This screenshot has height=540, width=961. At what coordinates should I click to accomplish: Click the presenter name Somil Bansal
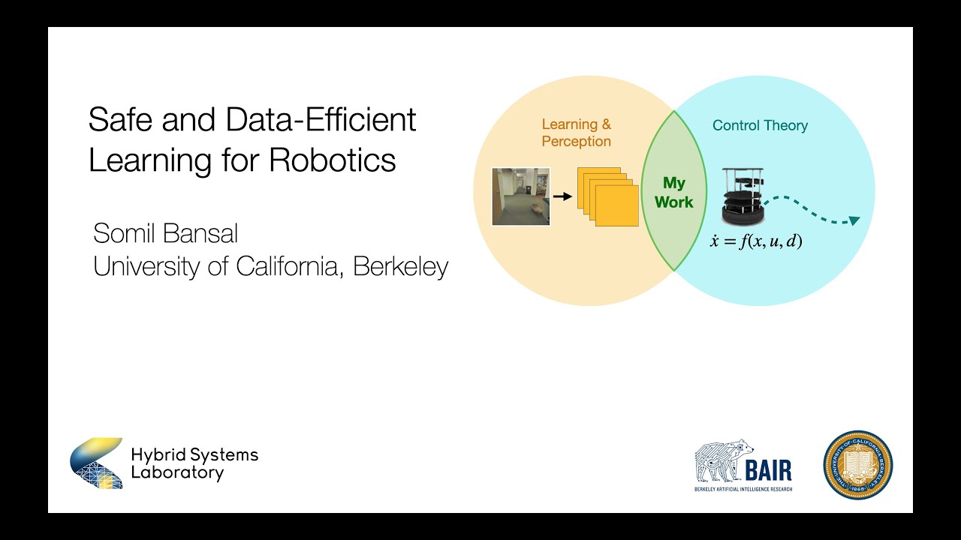click(x=165, y=233)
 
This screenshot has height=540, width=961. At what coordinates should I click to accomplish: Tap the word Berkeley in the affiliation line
click(x=400, y=267)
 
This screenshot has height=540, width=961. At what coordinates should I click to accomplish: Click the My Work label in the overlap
click(x=673, y=193)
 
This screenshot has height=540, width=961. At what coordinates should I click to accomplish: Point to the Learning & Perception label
click(x=576, y=133)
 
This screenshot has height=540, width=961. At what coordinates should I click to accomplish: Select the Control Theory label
click(x=760, y=125)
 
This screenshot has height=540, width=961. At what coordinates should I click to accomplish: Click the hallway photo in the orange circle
click(x=520, y=196)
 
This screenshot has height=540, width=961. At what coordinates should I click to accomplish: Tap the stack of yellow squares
click(x=607, y=196)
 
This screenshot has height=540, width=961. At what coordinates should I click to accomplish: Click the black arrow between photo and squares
click(x=562, y=196)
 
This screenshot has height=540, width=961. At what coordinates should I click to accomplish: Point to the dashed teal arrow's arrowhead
click(x=854, y=220)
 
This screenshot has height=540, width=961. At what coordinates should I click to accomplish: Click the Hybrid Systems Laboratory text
click(x=194, y=463)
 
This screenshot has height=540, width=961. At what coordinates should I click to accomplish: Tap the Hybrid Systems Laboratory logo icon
click(x=97, y=463)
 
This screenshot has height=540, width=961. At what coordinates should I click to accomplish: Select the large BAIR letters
click(x=768, y=470)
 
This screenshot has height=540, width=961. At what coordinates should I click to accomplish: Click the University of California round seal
click(x=858, y=465)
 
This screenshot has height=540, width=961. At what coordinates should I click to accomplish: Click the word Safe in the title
click(x=115, y=120)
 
